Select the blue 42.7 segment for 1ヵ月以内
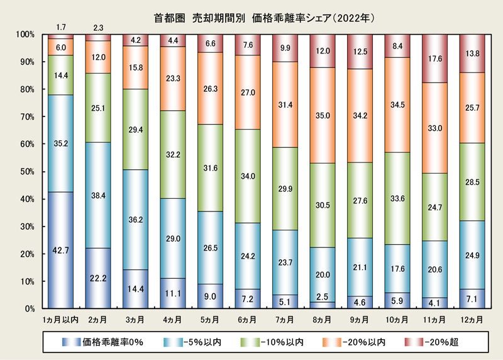click(61, 250)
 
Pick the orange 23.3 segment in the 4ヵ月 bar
click(173, 79)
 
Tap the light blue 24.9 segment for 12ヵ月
click(472, 256)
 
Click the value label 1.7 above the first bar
click(61, 27)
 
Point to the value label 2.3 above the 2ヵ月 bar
click(98, 27)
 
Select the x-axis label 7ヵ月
click(285, 320)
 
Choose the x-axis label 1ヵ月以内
click(61, 320)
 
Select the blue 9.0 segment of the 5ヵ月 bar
click(211, 296)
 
